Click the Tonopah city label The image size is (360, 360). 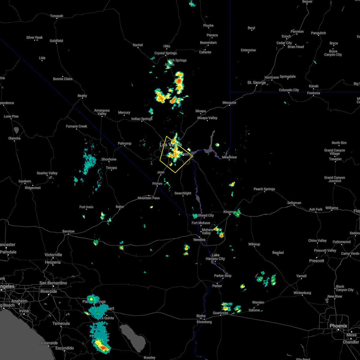click(56, 16)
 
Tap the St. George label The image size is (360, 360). click(256, 82)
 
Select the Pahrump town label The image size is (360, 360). click(124, 143)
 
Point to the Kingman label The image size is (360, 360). click(230, 212)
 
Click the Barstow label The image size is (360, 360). click(68, 231)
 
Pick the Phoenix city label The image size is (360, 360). click(338, 326)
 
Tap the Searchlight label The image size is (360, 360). click(183, 193)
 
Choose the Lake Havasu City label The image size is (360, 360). click(215, 256)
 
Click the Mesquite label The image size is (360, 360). click(229, 103)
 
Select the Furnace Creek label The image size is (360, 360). click(76, 126)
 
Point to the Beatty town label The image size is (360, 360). click(82, 96)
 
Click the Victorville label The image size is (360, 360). click(53, 255)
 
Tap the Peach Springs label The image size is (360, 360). click(264, 189)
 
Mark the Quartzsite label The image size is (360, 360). click(220, 313)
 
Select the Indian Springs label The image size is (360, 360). click(142, 119)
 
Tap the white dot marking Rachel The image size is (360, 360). click(138, 48)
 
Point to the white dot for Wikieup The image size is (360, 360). click(254, 247)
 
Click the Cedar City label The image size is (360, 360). click(284, 43)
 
